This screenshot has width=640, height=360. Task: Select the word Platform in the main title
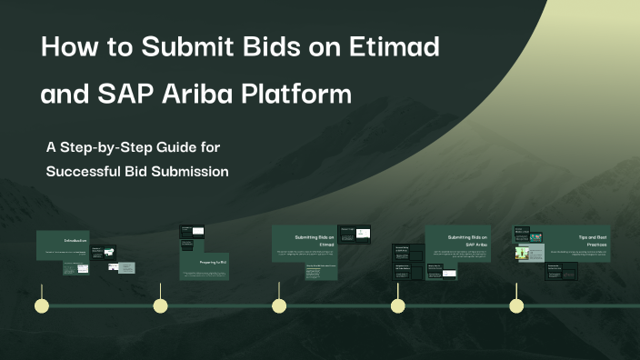[x=299, y=94]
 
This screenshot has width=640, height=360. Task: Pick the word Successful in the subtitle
[x=83, y=170]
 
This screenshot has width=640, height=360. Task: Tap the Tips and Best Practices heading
[x=595, y=240]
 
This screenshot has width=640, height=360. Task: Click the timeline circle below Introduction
[x=40, y=305]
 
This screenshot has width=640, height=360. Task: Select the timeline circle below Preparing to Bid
[x=160, y=305]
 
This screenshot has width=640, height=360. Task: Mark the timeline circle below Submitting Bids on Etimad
[x=279, y=305]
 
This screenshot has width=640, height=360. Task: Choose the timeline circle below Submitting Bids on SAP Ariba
[x=398, y=305]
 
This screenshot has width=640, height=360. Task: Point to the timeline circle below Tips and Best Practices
[x=516, y=305]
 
